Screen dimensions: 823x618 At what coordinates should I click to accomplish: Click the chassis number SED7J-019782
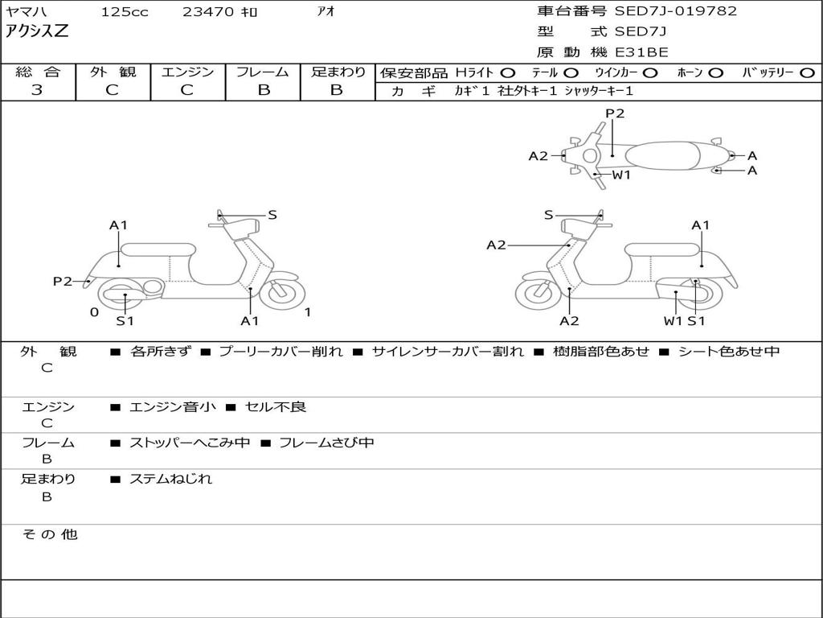pyautogui.click(x=675, y=11)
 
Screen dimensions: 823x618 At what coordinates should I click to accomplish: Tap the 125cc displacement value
pyautogui.click(x=125, y=12)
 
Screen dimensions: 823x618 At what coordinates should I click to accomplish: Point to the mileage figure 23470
pyautogui.click(x=208, y=12)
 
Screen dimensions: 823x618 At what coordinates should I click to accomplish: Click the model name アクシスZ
pyautogui.click(x=38, y=32)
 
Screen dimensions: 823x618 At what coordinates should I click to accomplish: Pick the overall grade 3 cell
pyautogui.click(x=37, y=90)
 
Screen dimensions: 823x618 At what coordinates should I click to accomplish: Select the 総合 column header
pyautogui.click(x=38, y=72)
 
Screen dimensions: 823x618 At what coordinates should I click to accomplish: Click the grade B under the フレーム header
pyautogui.click(x=264, y=90)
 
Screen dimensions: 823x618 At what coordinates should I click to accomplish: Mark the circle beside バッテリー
pyautogui.click(x=808, y=73)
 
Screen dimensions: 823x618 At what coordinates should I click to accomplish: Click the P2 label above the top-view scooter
pyautogui.click(x=615, y=113)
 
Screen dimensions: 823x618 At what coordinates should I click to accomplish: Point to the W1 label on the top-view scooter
pyautogui.click(x=621, y=175)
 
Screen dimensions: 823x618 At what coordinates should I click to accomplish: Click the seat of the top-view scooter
pyautogui.click(x=665, y=154)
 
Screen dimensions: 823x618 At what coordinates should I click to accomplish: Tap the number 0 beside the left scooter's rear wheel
pyautogui.click(x=94, y=312)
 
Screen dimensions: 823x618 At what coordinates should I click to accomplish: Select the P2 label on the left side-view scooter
pyautogui.click(x=63, y=281)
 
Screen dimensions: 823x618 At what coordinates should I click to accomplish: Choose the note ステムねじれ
pyautogui.click(x=170, y=479)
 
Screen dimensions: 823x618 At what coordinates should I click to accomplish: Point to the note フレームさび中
pyautogui.click(x=326, y=443)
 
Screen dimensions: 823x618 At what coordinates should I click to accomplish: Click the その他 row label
pyautogui.click(x=49, y=534)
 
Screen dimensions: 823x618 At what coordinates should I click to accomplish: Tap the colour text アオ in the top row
pyautogui.click(x=326, y=12)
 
